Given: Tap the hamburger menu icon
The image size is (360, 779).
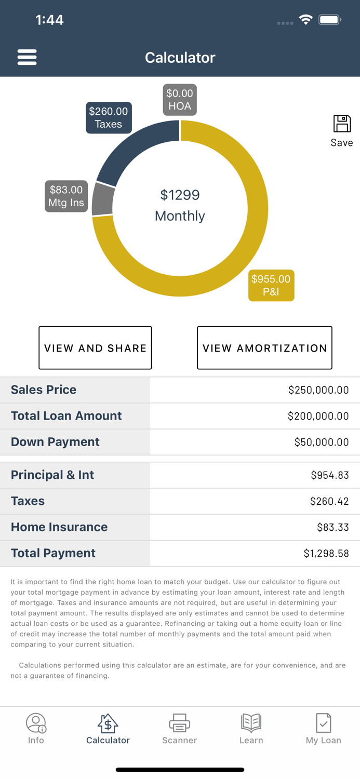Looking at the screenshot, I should [x=27, y=57].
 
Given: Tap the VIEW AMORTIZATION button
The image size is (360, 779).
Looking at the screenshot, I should [x=264, y=348].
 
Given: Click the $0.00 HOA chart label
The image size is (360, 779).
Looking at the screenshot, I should [x=180, y=100].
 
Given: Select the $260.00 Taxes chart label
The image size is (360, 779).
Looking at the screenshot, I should [x=108, y=118].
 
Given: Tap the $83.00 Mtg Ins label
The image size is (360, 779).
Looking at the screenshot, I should [x=66, y=196].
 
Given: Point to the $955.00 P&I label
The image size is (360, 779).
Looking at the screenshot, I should [x=271, y=286].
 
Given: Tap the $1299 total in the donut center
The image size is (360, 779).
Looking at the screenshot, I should [x=180, y=195].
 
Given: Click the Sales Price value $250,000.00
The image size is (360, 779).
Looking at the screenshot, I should [x=318, y=390].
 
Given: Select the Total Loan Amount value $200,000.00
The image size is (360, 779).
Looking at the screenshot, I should [x=318, y=416].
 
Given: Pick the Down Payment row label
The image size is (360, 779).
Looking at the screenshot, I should [x=55, y=442].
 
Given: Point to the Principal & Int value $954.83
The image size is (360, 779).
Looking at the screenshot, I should [x=329, y=475].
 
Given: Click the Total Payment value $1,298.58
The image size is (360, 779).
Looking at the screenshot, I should [x=326, y=554].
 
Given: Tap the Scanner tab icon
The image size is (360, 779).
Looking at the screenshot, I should [x=179, y=723].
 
